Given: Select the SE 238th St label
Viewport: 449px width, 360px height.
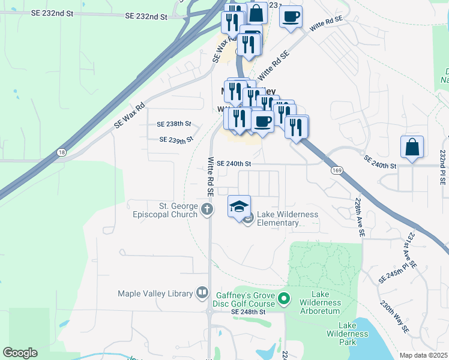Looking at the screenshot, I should point(173,124).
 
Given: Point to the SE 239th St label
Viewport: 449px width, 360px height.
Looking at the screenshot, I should point(176,140).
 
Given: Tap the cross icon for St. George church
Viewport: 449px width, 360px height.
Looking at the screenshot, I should point(207,209).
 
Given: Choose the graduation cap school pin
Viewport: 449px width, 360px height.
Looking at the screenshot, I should point(238,206).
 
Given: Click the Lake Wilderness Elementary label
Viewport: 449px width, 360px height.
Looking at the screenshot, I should point(287,218).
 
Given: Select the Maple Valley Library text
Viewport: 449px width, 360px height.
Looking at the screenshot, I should point(155,293).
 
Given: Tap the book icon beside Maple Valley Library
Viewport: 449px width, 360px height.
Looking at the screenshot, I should point(202,293).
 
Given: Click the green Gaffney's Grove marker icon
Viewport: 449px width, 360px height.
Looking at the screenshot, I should point(285,298).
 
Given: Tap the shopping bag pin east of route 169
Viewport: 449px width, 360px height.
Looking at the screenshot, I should point(412,147).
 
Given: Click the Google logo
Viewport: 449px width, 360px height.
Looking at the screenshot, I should point(20,353).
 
